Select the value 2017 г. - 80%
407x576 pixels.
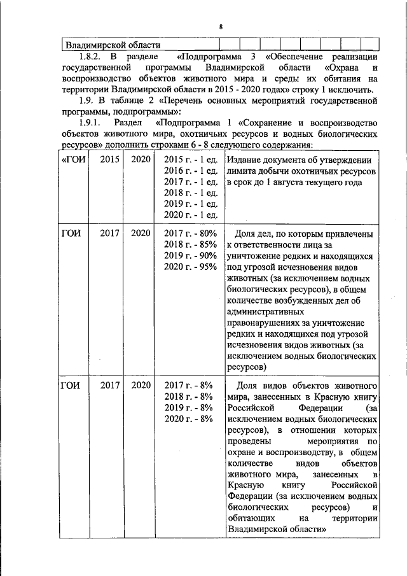point(191,234)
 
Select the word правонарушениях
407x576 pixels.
point(265,323)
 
